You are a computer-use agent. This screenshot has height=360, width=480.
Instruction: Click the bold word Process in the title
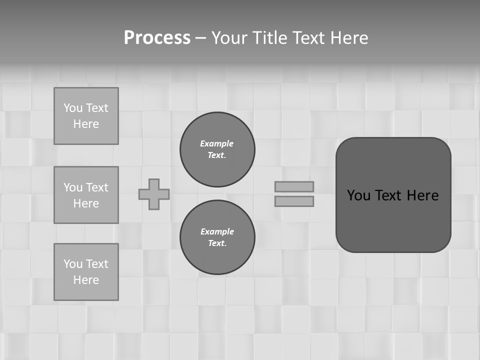(x=157, y=38)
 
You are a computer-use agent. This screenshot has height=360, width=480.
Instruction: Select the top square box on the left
(x=86, y=116)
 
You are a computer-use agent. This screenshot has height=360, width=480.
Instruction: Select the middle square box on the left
(x=86, y=195)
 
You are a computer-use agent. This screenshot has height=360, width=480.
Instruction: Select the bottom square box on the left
(x=86, y=272)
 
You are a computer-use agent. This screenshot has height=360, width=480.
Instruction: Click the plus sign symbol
(x=154, y=194)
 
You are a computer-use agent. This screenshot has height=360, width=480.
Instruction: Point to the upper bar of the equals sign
(x=294, y=186)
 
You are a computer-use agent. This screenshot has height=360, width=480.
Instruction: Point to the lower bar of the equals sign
(x=294, y=201)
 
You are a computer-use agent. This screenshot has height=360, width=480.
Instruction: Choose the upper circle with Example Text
(x=217, y=149)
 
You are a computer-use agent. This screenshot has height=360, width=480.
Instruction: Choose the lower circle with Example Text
(x=217, y=237)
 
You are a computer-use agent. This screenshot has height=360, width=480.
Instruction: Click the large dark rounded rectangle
(x=393, y=220)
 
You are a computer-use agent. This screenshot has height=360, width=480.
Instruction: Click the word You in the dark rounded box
(x=358, y=195)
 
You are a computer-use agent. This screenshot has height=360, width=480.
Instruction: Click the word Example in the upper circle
(x=217, y=143)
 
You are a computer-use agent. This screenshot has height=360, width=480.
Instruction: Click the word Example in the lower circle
(x=217, y=231)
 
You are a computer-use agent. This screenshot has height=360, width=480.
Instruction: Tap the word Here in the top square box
(x=86, y=124)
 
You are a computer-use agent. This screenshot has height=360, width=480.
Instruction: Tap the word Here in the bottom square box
(x=86, y=280)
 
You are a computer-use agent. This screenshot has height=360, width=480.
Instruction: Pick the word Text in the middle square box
(x=97, y=187)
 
